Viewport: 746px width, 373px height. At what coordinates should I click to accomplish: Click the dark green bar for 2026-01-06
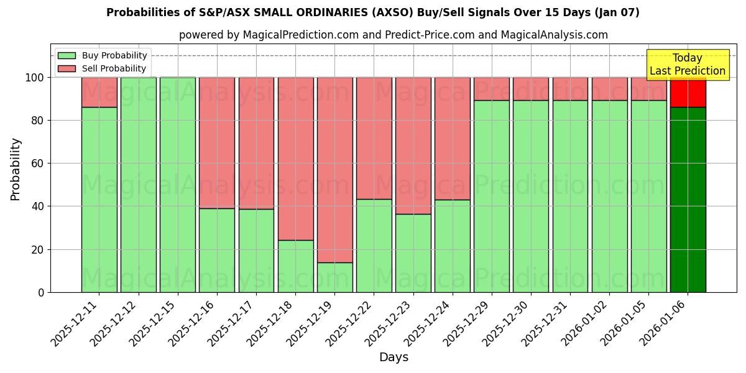[688, 199]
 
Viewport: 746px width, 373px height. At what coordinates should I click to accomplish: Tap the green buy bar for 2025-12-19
[334, 277]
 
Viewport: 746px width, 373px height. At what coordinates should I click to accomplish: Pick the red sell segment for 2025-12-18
[295, 159]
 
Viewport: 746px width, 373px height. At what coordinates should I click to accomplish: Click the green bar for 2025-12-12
[138, 185]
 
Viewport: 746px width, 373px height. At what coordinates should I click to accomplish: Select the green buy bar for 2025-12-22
[374, 246]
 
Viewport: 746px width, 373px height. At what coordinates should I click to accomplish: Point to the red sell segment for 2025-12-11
[99, 92]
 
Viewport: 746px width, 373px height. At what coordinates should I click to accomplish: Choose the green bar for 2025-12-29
[491, 196]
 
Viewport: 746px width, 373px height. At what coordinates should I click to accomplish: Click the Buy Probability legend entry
[102, 55]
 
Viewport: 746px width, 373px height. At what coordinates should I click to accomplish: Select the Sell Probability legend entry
[102, 68]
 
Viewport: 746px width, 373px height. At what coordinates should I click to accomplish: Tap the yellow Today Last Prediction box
[687, 65]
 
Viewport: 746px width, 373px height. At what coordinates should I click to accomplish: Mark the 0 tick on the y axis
[41, 292]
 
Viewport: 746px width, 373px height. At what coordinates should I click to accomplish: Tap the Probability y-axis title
[16, 168]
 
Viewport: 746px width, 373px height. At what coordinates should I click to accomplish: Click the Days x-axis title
[394, 357]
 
